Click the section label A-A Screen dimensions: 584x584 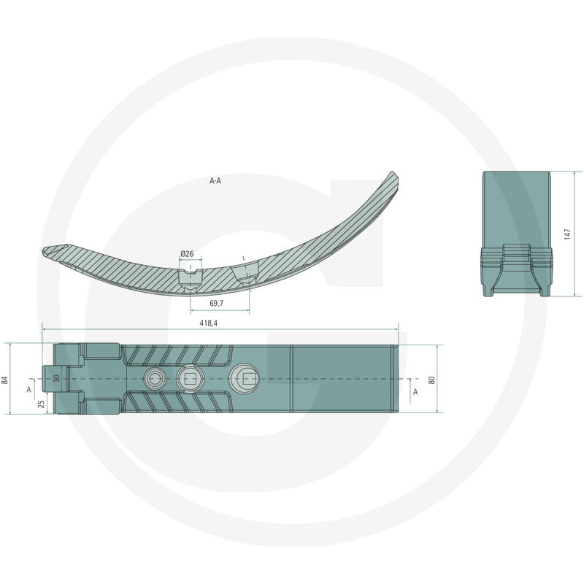(215, 180)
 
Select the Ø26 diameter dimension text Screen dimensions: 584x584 (187, 253)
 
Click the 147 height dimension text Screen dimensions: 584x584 (566, 234)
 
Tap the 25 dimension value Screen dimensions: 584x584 (42, 403)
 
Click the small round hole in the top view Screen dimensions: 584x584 (154, 378)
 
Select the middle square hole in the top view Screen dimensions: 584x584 (188, 378)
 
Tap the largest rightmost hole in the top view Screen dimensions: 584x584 (244, 378)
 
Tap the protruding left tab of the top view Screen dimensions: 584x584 (55, 378)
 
